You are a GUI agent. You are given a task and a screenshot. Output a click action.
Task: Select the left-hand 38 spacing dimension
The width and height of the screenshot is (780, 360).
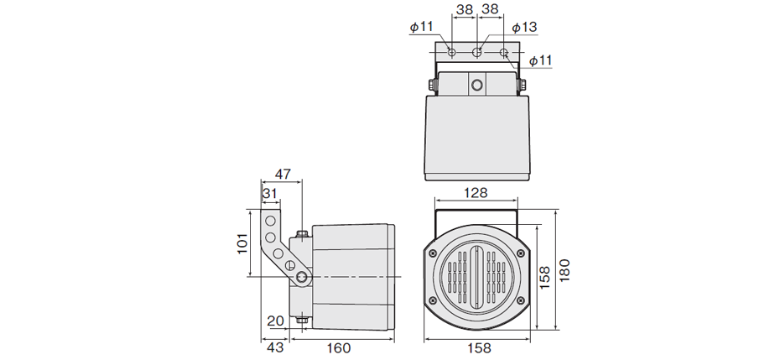pyautogui.click(x=463, y=11)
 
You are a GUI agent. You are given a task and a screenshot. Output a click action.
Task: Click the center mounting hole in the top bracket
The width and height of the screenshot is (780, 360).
pyautogui.click(x=477, y=53)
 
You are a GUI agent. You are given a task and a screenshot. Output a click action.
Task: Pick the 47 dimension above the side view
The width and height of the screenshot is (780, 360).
pyautogui.click(x=283, y=175)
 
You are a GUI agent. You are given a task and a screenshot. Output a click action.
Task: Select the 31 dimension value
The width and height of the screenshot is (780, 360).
pyautogui.click(x=269, y=194)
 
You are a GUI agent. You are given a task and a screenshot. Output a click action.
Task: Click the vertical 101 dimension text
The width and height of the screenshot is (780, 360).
pyautogui.click(x=242, y=244)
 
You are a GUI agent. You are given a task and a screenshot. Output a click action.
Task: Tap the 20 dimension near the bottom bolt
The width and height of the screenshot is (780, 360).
pyautogui.click(x=276, y=320)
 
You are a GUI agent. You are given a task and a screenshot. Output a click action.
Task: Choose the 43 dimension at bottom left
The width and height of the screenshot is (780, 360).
pyautogui.click(x=274, y=347)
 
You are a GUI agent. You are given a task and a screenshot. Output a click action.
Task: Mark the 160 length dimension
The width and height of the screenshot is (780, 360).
pyautogui.click(x=338, y=347)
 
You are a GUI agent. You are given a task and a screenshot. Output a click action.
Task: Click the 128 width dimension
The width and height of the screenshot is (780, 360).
pyautogui.click(x=476, y=193)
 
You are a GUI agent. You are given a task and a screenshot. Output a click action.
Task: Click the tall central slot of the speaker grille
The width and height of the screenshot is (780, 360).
pyautogui.click(x=477, y=276)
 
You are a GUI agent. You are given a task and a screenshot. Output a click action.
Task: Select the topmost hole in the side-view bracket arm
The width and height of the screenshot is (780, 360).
pyautogui.click(x=271, y=220)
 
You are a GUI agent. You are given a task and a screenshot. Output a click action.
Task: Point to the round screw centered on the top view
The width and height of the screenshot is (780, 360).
pyautogui.click(x=477, y=85)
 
